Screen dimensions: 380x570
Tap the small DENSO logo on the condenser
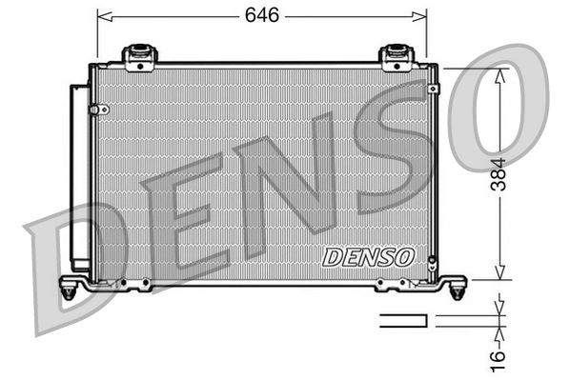(x=368, y=256)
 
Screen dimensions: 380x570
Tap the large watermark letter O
(x=496, y=105)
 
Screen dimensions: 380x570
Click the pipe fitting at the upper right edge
(x=433, y=88)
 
